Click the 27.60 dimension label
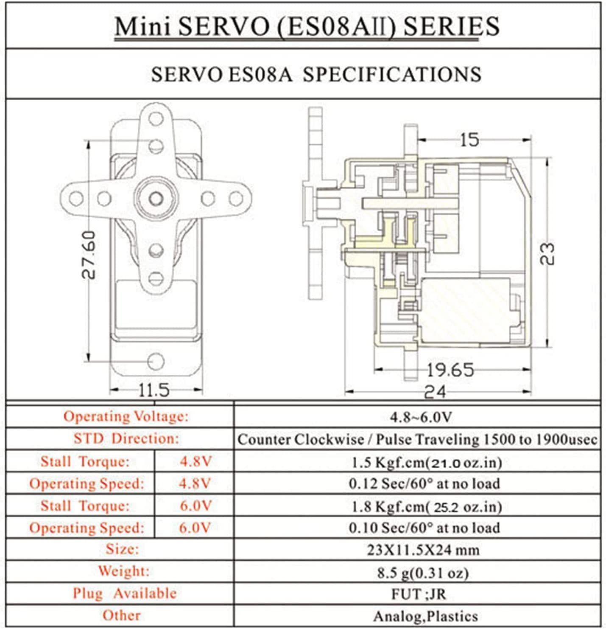click(89, 254)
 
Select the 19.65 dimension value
click(450, 370)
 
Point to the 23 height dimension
click(547, 253)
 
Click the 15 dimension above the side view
click(469, 140)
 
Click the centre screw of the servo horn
click(156, 198)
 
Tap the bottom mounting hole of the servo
click(156, 361)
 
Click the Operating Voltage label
click(126, 416)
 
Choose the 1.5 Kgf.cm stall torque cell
click(426, 462)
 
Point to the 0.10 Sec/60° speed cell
click(424, 528)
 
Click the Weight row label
click(124, 571)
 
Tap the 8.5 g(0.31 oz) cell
click(423, 573)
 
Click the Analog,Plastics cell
click(425, 616)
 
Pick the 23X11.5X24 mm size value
click(423, 550)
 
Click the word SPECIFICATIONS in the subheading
click(392, 75)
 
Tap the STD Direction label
click(126, 438)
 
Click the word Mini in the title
click(142, 26)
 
